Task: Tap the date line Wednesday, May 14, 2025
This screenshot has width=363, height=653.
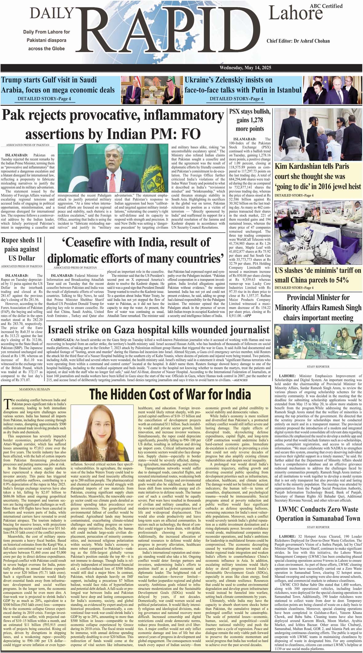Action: tap(245, 68)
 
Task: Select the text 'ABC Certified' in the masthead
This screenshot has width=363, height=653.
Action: tap(326, 6)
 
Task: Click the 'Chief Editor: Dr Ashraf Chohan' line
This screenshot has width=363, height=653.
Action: tap(298, 41)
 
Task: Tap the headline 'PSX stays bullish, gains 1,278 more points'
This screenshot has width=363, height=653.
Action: tap(250, 120)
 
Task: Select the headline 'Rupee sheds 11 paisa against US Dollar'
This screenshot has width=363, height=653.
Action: tap(22, 249)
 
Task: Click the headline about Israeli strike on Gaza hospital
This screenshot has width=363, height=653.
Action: tap(158, 330)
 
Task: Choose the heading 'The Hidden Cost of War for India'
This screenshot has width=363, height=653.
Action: tap(170, 395)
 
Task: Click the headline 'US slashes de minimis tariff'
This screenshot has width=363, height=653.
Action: tap(318, 275)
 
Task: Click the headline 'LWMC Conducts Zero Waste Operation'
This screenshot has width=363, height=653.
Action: tap(318, 514)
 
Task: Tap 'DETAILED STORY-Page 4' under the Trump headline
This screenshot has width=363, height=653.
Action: tap(44, 99)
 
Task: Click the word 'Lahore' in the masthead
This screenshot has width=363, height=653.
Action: tap(295, 14)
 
